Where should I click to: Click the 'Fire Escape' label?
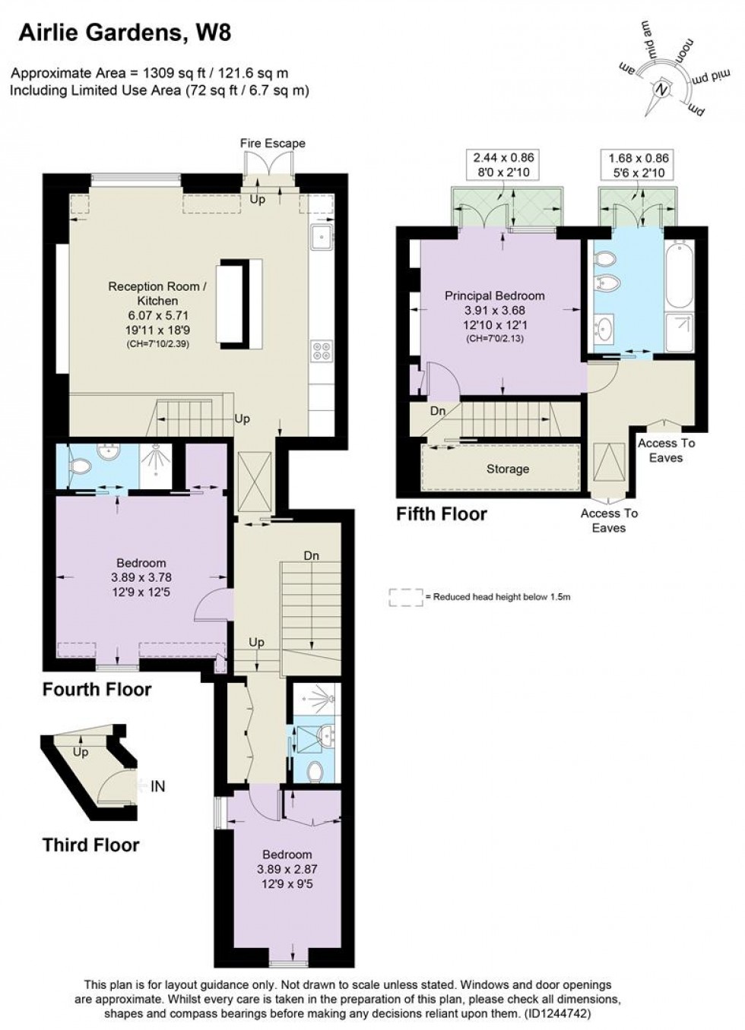(x=272, y=144)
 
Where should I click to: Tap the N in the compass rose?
(x=662, y=88)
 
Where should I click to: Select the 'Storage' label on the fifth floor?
(x=508, y=469)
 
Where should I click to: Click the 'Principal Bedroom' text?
(x=495, y=295)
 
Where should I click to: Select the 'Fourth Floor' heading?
(x=97, y=689)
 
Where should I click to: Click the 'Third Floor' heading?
(x=91, y=845)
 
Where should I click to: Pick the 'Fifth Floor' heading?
(x=442, y=513)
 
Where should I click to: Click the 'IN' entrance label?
(x=158, y=786)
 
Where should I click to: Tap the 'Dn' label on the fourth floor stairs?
(x=312, y=556)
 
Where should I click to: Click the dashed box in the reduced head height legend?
(x=406, y=597)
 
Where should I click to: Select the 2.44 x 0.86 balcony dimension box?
(x=504, y=165)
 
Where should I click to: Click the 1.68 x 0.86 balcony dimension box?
(x=639, y=165)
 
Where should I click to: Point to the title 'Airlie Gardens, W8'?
(x=125, y=33)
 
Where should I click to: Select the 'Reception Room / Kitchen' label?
(x=157, y=293)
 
